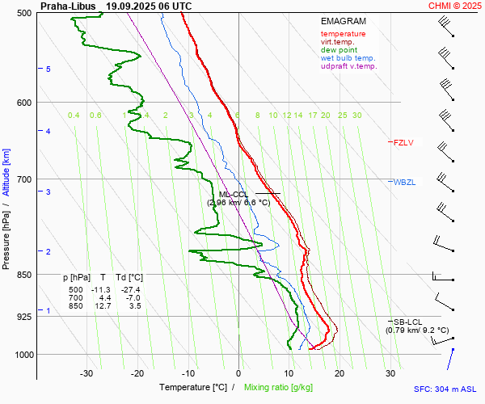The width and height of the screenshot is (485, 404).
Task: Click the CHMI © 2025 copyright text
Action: (x=454, y=6)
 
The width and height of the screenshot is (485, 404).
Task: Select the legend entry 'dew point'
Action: (x=339, y=50)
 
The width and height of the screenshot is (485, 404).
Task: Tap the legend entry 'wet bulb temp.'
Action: (x=348, y=58)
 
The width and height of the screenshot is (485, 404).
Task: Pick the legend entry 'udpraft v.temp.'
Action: (x=348, y=66)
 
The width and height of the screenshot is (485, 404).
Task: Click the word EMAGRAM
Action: (x=344, y=22)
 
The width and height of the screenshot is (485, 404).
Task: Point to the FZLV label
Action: (x=403, y=143)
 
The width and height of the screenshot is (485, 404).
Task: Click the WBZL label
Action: (x=404, y=183)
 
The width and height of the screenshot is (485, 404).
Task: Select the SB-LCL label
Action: (x=404, y=322)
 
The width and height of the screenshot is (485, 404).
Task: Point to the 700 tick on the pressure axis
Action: (x=24, y=179)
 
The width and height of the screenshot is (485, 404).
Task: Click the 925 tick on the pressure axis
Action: (x=24, y=317)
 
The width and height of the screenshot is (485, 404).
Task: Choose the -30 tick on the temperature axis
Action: (x=86, y=373)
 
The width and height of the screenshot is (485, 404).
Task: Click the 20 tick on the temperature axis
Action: (x=339, y=373)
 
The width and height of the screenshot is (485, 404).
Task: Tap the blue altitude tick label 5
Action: (x=48, y=69)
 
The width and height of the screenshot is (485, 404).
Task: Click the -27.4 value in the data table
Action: (x=130, y=290)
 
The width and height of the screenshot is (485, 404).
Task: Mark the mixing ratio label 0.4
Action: (x=74, y=116)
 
